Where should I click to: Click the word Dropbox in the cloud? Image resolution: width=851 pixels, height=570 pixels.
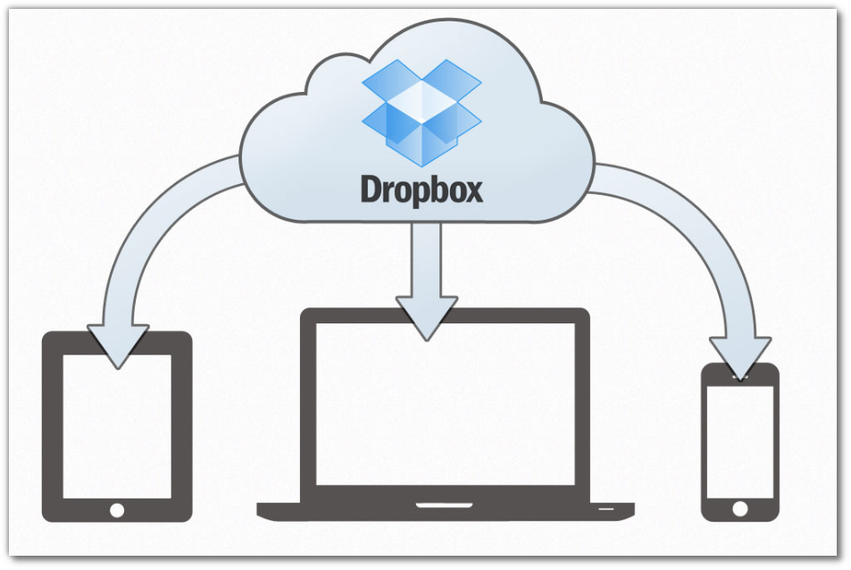tap(421, 190)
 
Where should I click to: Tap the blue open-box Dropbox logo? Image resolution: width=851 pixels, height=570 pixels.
tap(421, 105)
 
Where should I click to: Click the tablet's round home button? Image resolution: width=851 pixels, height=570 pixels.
tap(117, 509)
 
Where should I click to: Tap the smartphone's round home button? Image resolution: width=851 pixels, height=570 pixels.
tap(739, 508)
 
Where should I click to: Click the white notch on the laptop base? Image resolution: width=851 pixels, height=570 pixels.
tap(444, 506)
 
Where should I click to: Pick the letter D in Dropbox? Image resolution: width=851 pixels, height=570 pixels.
tap(371, 189)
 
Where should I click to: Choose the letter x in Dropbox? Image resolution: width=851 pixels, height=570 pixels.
tap(472, 192)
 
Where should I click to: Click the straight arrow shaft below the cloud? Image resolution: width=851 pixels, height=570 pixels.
tap(427, 259)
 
